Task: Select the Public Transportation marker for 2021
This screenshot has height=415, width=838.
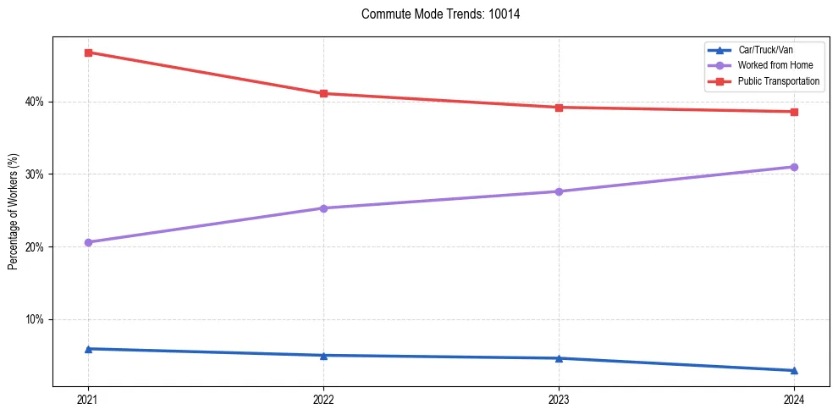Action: pos(88,53)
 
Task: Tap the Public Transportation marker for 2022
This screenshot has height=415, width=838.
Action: pos(323,93)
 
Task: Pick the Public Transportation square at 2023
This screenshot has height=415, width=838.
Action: pos(559,108)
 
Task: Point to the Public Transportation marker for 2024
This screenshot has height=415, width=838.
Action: pos(794,112)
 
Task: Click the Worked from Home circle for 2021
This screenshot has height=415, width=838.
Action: pos(88,242)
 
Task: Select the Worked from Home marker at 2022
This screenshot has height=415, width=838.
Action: pos(323,208)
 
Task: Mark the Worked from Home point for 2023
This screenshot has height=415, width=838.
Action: pos(559,191)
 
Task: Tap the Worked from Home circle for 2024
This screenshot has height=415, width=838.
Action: pos(794,167)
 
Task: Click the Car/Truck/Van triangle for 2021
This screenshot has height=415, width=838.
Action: pos(88,349)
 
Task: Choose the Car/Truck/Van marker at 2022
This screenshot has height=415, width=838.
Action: pos(323,355)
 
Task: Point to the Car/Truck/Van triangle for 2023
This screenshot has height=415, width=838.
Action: pos(559,358)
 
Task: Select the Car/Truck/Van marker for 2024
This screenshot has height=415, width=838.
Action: pos(794,370)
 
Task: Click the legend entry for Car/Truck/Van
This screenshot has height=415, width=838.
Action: pos(761,50)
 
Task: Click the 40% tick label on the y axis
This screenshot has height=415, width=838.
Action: pos(35,102)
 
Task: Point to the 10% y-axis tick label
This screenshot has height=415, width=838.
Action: pos(35,319)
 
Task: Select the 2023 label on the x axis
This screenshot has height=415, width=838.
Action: pos(559,400)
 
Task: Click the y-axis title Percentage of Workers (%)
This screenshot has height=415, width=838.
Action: pos(14,212)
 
